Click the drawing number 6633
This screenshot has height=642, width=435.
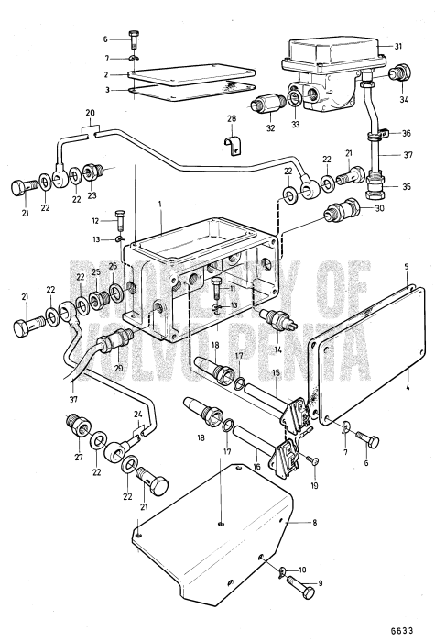click(413, 629)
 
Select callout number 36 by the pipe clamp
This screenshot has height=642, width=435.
click(406, 134)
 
